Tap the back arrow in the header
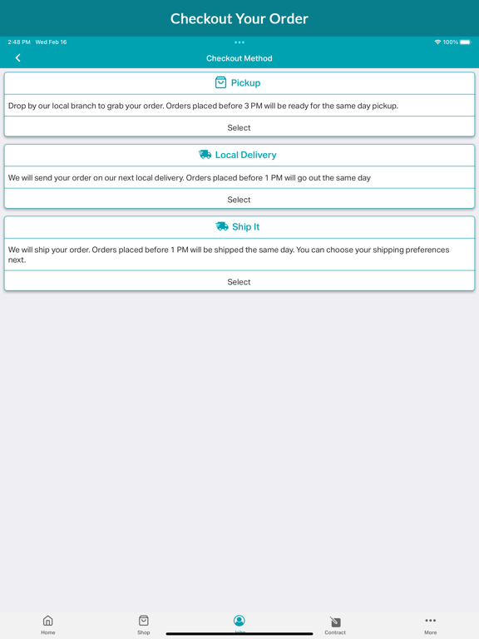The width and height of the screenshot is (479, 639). tap(17, 58)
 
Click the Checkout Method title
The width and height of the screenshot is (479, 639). tap(239, 58)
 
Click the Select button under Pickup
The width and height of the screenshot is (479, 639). tap(239, 127)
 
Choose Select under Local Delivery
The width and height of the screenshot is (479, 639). tap(239, 200)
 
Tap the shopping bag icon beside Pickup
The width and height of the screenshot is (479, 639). tap(220, 82)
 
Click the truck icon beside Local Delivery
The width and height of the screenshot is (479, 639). tap(205, 155)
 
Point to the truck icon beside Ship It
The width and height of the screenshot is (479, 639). tap(221, 226)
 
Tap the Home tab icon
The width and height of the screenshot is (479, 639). tap(48, 621)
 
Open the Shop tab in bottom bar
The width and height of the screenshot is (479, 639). tap(144, 621)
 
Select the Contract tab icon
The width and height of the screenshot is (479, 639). tap(335, 622)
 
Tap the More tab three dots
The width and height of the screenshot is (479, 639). tap(430, 621)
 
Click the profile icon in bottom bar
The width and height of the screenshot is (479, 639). tap(239, 621)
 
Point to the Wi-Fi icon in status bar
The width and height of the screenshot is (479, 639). tap(437, 42)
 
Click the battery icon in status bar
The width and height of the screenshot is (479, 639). tap(465, 42)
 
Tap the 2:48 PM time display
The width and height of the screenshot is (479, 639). tap(19, 42)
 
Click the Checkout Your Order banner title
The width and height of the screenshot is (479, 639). tap(239, 18)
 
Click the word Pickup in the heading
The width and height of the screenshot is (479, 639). tap(245, 83)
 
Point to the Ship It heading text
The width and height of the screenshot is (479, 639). tap(245, 226)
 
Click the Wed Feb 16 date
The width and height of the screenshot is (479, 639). tap(51, 42)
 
